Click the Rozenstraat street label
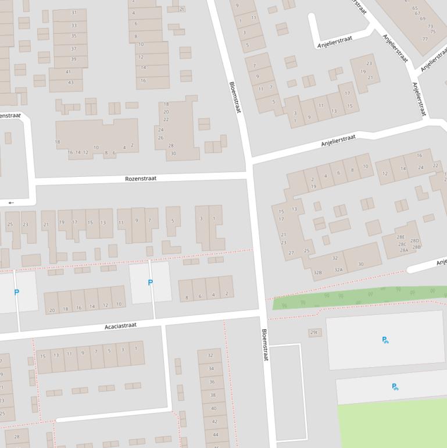pyautogui.click(x=141, y=179)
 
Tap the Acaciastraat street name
pyautogui.click(x=120, y=326)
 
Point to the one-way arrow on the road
pyautogui.click(x=11, y=202)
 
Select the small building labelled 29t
pyautogui.click(x=314, y=332)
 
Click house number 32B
pyautogui.click(x=317, y=272)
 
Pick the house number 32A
pyautogui.click(x=338, y=269)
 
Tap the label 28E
pyautogui.click(x=401, y=237)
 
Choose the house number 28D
pyautogui.click(x=414, y=240)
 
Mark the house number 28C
pyautogui.click(x=402, y=244)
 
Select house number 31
pyautogui.click(x=74, y=12)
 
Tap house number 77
pyautogui.click(x=425, y=39)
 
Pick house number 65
pyautogui.click(x=415, y=8)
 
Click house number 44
pyautogui.click(x=215, y=435)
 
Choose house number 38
pyautogui.click(x=213, y=395)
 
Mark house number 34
pyautogui.click(x=211, y=368)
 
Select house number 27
pyautogui.click(x=291, y=253)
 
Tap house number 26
pyautogui.click(x=160, y=138)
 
